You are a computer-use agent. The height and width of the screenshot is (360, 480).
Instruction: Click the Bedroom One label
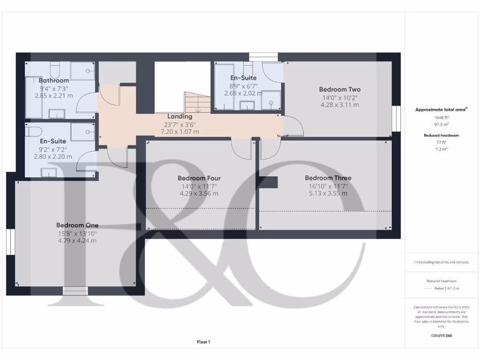coord(77,225)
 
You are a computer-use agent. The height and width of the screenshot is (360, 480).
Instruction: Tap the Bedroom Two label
coord(339,90)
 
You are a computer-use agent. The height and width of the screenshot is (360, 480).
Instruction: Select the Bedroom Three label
coord(328,178)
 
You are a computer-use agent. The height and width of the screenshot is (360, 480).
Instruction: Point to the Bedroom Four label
coord(199,178)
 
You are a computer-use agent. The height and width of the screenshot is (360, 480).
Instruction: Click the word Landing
coord(180,116)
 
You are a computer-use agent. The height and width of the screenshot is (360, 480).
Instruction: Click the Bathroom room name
coord(54,81)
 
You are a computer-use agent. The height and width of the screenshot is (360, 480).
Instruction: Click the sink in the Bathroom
coord(57,113)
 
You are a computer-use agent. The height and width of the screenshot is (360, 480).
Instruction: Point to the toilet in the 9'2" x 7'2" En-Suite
coord(35,130)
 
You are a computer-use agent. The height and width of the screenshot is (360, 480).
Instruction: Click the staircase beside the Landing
coord(197,102)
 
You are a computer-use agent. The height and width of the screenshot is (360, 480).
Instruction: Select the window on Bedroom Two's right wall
coord(397,118)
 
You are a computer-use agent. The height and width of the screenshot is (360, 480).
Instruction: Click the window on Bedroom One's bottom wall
coord(75,291)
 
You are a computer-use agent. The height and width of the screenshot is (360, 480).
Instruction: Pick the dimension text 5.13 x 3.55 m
coord(328,193)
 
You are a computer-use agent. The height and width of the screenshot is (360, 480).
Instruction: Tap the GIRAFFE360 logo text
coord(441,336)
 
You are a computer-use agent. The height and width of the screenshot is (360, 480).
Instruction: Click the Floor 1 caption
coord(203,342)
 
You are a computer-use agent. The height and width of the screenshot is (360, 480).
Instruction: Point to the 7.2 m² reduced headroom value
coord(440,149)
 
